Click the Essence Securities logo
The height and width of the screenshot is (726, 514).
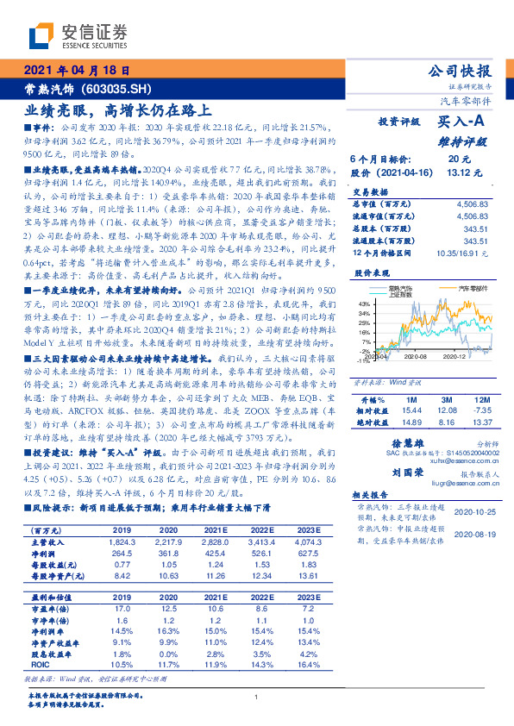tap(78, 35)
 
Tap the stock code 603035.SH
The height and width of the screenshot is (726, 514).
tap(121, 88)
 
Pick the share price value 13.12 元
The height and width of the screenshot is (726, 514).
tap(459, 172)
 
